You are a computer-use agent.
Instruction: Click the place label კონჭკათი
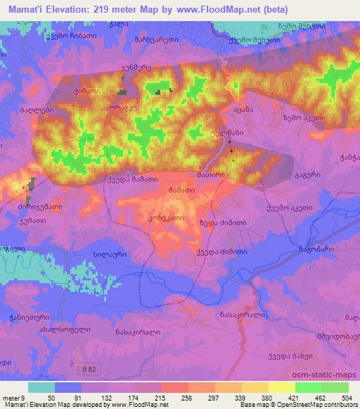(x=167, y=219)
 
